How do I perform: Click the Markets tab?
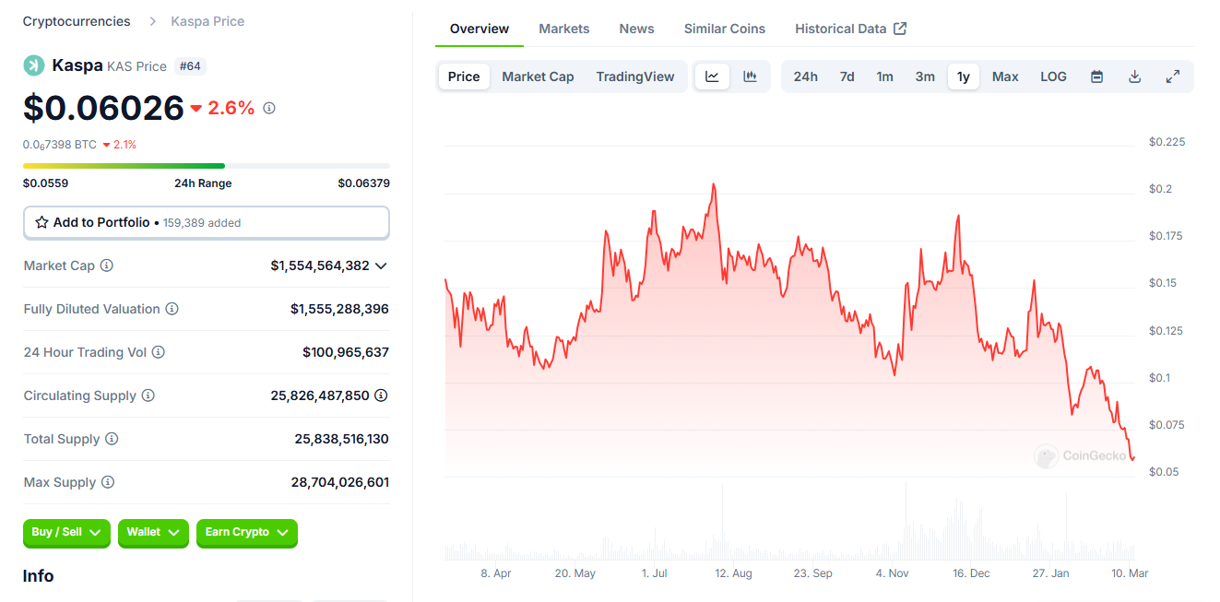click(563, 29)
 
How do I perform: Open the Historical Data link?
click(850, 29)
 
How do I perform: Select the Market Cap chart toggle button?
click(538, 77)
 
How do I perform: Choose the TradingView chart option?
click(635, 77)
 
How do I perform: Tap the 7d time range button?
click(847, 77)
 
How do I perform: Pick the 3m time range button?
click(925, 77)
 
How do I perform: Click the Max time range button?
click(1005, 77)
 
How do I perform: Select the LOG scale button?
click(1053, 77)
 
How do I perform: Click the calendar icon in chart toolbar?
click(1097, 77)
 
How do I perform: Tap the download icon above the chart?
click(1135, 77)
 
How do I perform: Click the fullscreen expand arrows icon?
click(1173, 77)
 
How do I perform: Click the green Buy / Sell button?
click(66, 533)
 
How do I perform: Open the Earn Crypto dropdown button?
click(246, 533)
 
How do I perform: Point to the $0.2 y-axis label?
click(1160, 189)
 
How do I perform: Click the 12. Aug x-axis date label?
click(733, 573)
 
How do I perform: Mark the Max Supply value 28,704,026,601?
click(339, 482)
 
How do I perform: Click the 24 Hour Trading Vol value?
click(346, 352)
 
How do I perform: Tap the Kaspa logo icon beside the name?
click(34, 65)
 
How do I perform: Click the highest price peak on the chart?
click(714, 184)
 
